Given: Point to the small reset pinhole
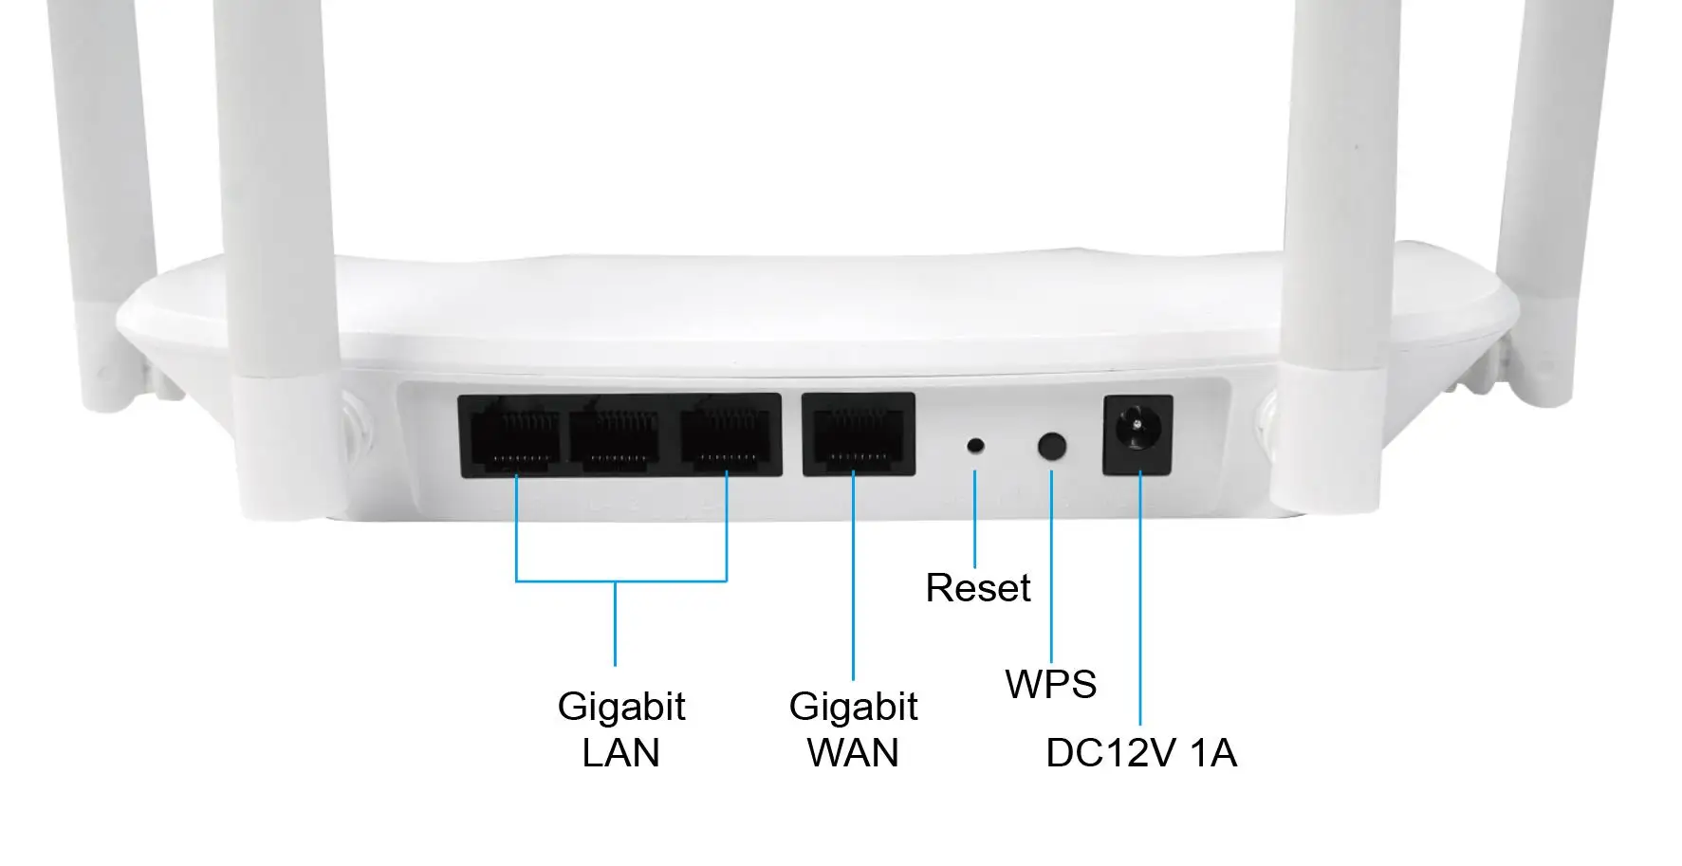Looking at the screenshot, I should (x=974, y=445).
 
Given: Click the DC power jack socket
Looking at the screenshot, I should (x=1137, y=434).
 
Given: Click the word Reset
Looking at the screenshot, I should (x=977, y=588).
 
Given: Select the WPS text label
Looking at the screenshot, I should (x=1050, y=684).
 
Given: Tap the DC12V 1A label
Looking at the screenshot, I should (x=1140, y=753).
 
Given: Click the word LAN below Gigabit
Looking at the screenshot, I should (x=620, y=753).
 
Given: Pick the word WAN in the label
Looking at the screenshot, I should (x=853, y=753).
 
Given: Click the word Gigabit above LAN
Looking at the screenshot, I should (x=620, y=707).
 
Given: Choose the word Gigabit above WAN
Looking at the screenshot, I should (x=853, y=707).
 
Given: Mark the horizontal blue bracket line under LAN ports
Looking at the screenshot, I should (x=620, y=580).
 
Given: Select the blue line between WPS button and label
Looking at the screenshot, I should (x=1051, y=569).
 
